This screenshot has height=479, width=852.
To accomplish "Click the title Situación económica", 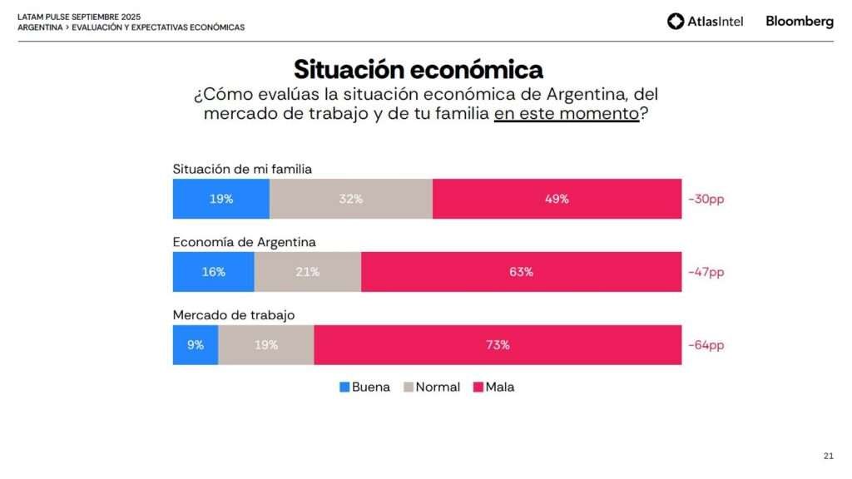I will tap(418, 68).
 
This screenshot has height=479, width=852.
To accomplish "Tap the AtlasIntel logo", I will tap(705, 22).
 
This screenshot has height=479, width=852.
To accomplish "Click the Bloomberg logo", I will tap(799, 22).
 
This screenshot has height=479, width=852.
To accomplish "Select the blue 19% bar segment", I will tap(220, 199).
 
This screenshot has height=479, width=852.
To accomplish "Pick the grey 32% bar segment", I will tap(350, 199).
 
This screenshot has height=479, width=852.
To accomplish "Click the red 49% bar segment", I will tap(557, 199).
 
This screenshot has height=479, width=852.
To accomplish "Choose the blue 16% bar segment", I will tap(213, 272).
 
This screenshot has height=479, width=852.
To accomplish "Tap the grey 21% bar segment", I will tap(307, 272).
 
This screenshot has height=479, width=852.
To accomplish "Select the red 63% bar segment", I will tap(521, 272).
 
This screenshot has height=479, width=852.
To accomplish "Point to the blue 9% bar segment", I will tap(195, 345).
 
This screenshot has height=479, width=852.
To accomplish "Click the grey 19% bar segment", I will tap(265, 345).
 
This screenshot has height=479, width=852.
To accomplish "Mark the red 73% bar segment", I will tap(498, 345).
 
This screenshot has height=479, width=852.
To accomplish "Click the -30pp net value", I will tap(706, 200).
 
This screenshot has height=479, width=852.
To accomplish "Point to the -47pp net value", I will tap(706, 272).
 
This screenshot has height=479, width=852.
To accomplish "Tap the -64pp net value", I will tap(706, 345).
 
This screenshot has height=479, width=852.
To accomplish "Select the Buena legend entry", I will tap(364, 388).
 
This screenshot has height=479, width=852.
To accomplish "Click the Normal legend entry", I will tap(432, 388).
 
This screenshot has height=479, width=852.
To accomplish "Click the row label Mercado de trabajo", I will tap(234, 315).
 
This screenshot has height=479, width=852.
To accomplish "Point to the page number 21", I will tap(828, 456).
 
